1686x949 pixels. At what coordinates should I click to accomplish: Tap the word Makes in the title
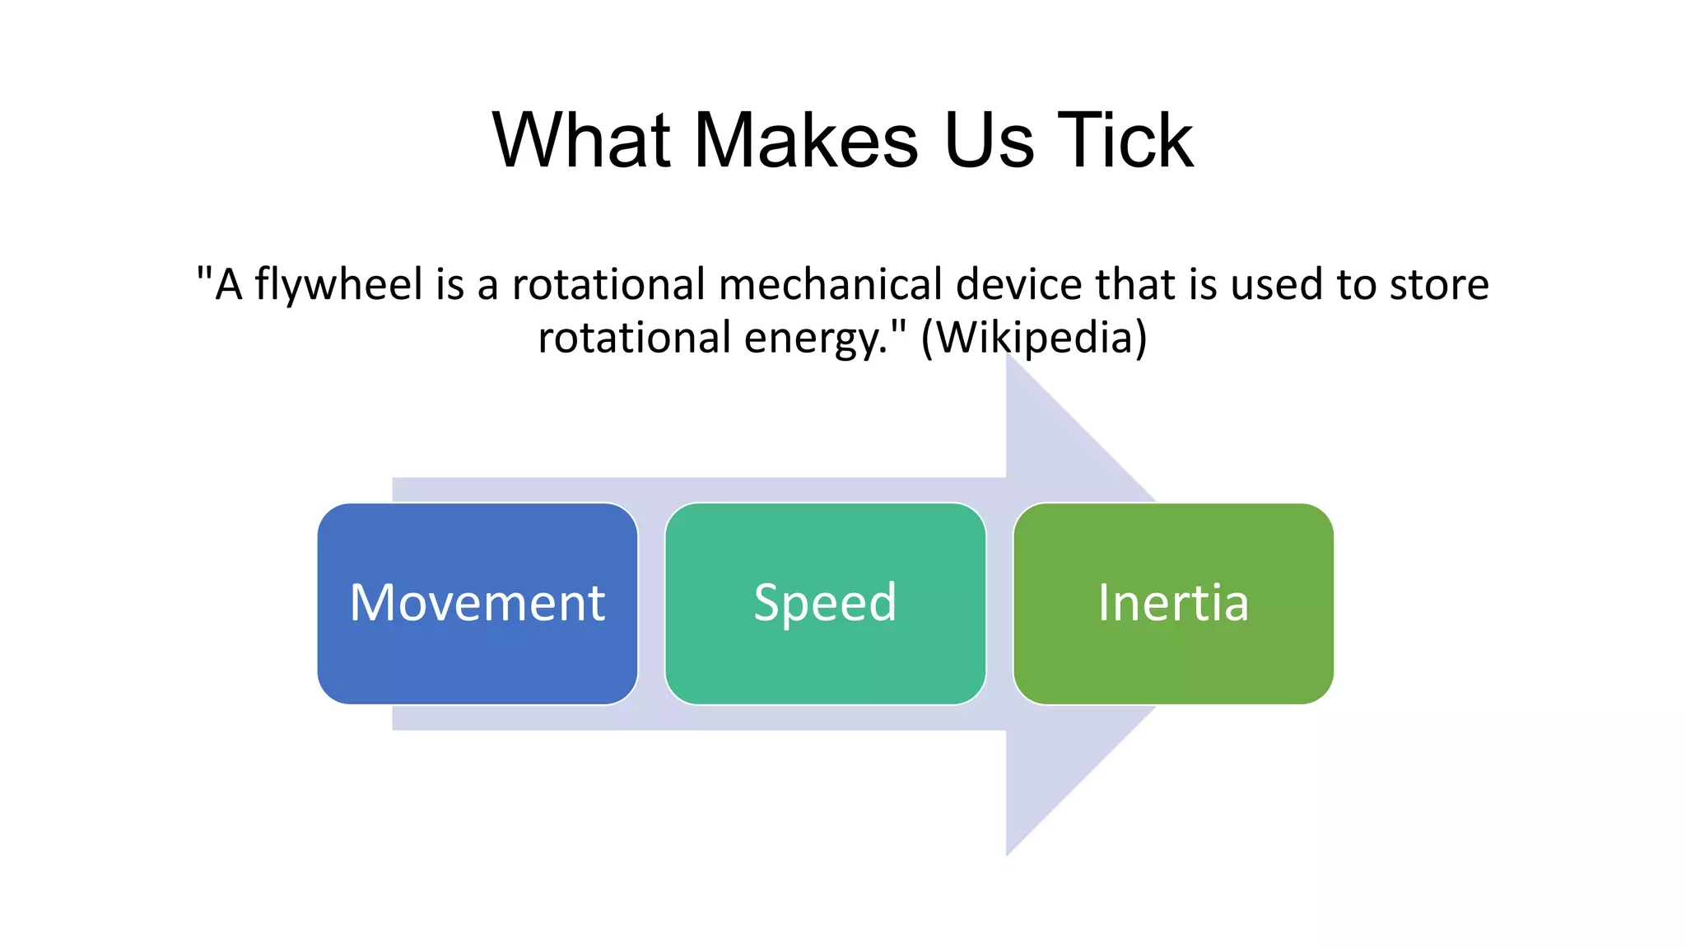(806, 141)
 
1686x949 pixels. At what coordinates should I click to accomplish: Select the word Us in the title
(988, 141)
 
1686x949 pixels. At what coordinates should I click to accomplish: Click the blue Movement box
(477, 603)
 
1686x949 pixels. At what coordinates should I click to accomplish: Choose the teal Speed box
(825, 603)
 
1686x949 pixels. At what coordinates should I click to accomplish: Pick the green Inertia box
(1173, 603)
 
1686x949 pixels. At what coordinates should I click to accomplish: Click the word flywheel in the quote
(338, 285)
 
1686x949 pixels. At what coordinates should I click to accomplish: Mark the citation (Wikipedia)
(1034, 338)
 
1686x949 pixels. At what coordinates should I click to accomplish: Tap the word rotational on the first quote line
(608, 285)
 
